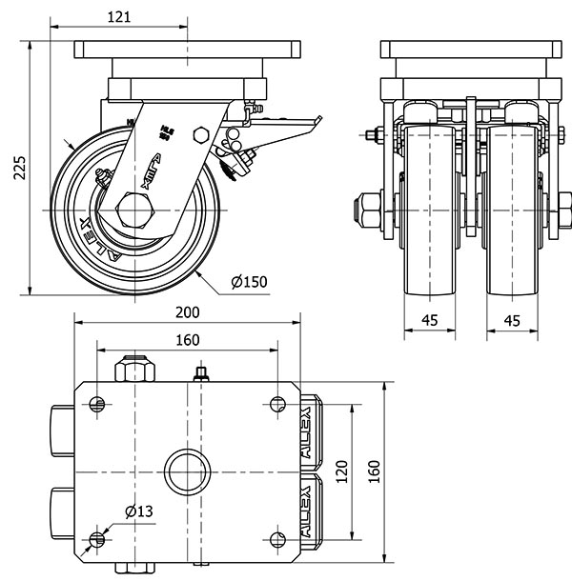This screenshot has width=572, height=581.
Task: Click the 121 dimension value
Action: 118,16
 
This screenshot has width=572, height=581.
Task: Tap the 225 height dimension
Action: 18,168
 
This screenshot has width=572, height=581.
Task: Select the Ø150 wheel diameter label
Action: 249,281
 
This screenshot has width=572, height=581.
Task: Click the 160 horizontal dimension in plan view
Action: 187,340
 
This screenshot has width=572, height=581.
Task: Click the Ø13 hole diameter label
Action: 140,512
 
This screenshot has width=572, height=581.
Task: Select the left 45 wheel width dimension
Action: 430,321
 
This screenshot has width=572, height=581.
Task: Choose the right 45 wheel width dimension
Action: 512,321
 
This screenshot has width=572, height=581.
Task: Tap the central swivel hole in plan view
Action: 187,471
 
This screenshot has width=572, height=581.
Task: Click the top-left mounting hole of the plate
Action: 96,404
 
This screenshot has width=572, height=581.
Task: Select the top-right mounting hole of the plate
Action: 277,404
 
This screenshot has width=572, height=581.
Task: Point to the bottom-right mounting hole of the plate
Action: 277,540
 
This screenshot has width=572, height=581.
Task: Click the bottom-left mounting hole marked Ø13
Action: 96,540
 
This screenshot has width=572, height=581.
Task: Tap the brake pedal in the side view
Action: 286,124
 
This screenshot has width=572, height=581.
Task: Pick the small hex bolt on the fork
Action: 200,132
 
